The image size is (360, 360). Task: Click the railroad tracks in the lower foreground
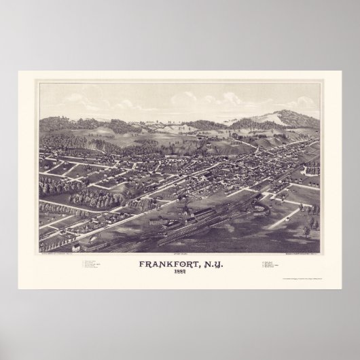tap(170, 234)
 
